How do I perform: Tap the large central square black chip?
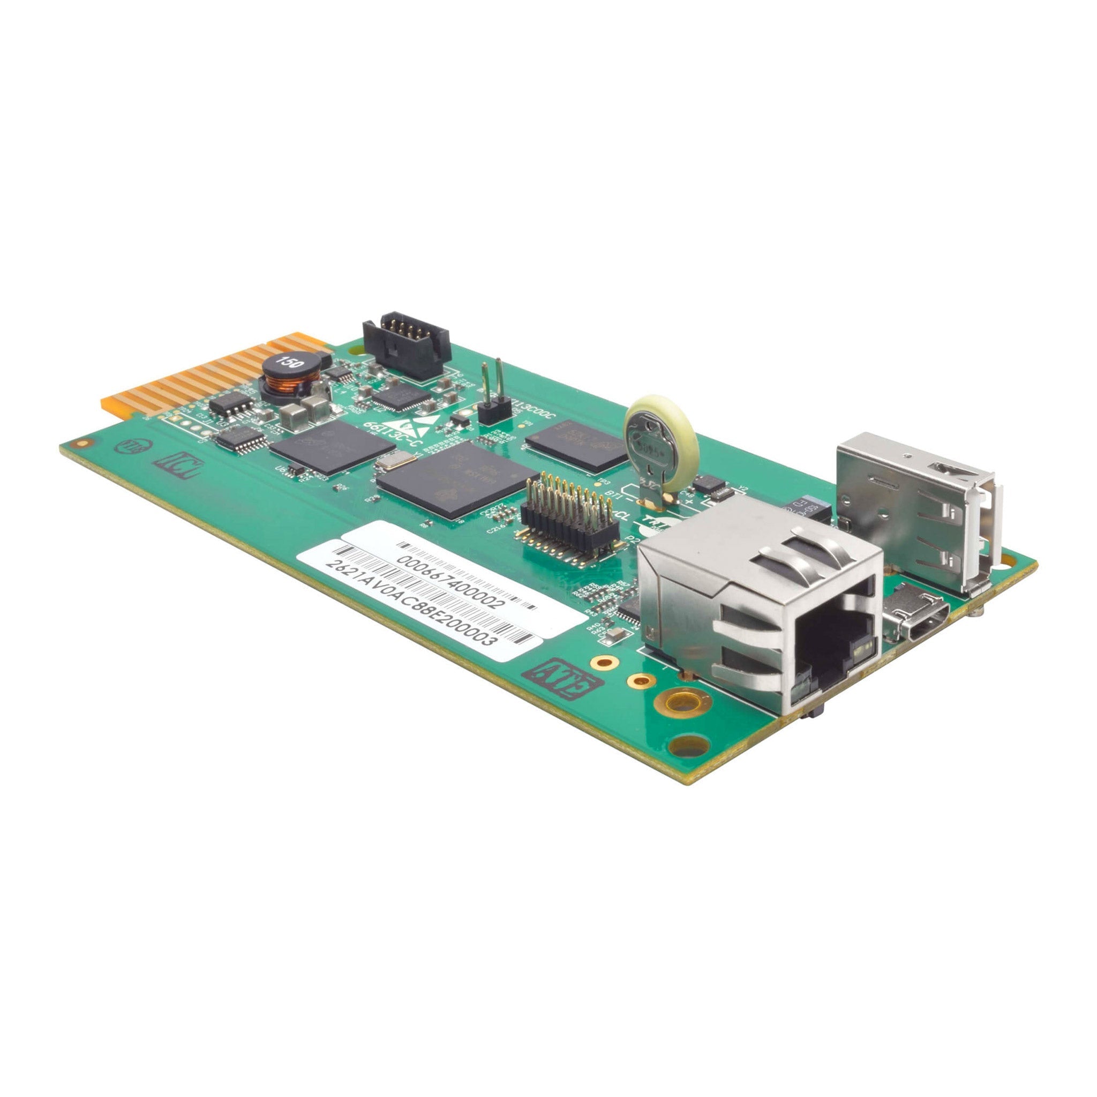[457, 479]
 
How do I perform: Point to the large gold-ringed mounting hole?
[682, 703]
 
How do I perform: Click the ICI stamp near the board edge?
[178, 465]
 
